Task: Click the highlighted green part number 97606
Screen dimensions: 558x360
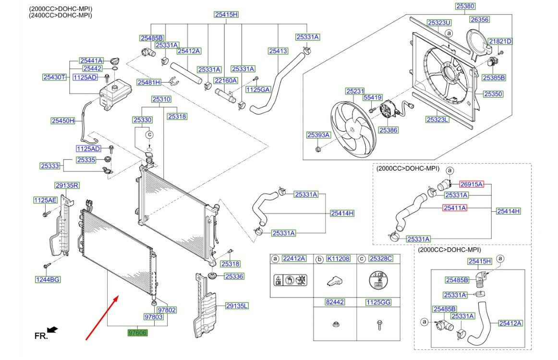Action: pyautogui.click(x=137, y=333)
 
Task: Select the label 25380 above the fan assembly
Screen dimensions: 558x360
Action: pyautogui.click(x=465, y=6)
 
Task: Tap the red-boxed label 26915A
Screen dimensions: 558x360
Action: pyautogui.click(x=471, y=184)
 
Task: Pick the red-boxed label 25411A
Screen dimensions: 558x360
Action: pyautogui.click(x=454, y=208)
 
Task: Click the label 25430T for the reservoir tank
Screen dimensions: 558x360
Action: pyautogui.click(x=54, y=77)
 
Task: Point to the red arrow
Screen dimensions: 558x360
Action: pyautogui.click(x=102, y=318)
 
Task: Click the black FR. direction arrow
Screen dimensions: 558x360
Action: pyautogui.click(x=52, y=330)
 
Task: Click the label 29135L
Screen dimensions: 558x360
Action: pyautogui.click(x=237, y=306)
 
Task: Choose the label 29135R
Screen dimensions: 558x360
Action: pyautogui.click(x=67, y=185)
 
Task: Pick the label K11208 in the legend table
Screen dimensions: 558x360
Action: pyautogui.click(x=338, y=259)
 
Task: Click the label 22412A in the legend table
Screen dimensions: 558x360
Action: pyautogui.click(x=293, y=259)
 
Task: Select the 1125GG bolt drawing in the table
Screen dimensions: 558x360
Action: pyautogui.click(x=379, y=325)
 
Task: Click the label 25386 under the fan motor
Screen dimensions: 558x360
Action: pyautogui.click(x=388, y=130)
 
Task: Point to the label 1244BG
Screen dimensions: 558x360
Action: pyautogui.click(x=48, y=280)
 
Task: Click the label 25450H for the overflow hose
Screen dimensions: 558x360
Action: pyautogui.click(x=63, y=121)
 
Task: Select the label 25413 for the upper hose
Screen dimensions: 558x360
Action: pyautogui.click(x=278, y=51)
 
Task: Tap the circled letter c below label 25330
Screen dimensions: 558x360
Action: pyautogui.click(x=150, y=134)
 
